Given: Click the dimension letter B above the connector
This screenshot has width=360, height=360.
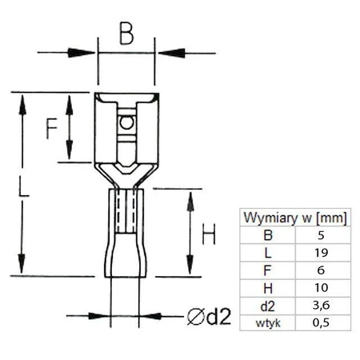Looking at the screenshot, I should click(x=126, y=34).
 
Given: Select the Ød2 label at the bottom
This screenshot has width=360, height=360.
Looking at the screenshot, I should click(x=209, y=316).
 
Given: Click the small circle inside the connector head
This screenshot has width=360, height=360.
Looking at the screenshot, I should click(x=125, y=124).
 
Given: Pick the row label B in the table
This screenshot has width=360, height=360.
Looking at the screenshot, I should click(x=267, y=235).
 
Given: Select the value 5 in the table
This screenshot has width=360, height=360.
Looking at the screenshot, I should click(x=322, y=235).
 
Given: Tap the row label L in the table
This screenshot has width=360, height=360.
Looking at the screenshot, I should click(x=267, y=253).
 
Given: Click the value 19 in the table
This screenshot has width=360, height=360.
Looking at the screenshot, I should click(x=322, y=253).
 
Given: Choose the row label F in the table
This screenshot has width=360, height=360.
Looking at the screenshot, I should click(x=267, y=270).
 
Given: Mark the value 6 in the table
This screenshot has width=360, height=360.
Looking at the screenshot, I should click(x=322, y=270).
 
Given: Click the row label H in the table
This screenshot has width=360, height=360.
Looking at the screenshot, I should click(x=267, y=288).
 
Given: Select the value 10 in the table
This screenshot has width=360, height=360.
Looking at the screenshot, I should click(x=322, y=288).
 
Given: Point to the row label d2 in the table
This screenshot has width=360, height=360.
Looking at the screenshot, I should click(x=267, y=305).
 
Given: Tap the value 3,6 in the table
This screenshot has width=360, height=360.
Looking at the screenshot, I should click(x=322, y=305).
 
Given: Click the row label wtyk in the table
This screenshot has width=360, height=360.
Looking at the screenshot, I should click(x=267, y=322).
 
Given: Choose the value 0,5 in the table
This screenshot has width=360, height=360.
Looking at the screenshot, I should click(x=322, y=322).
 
